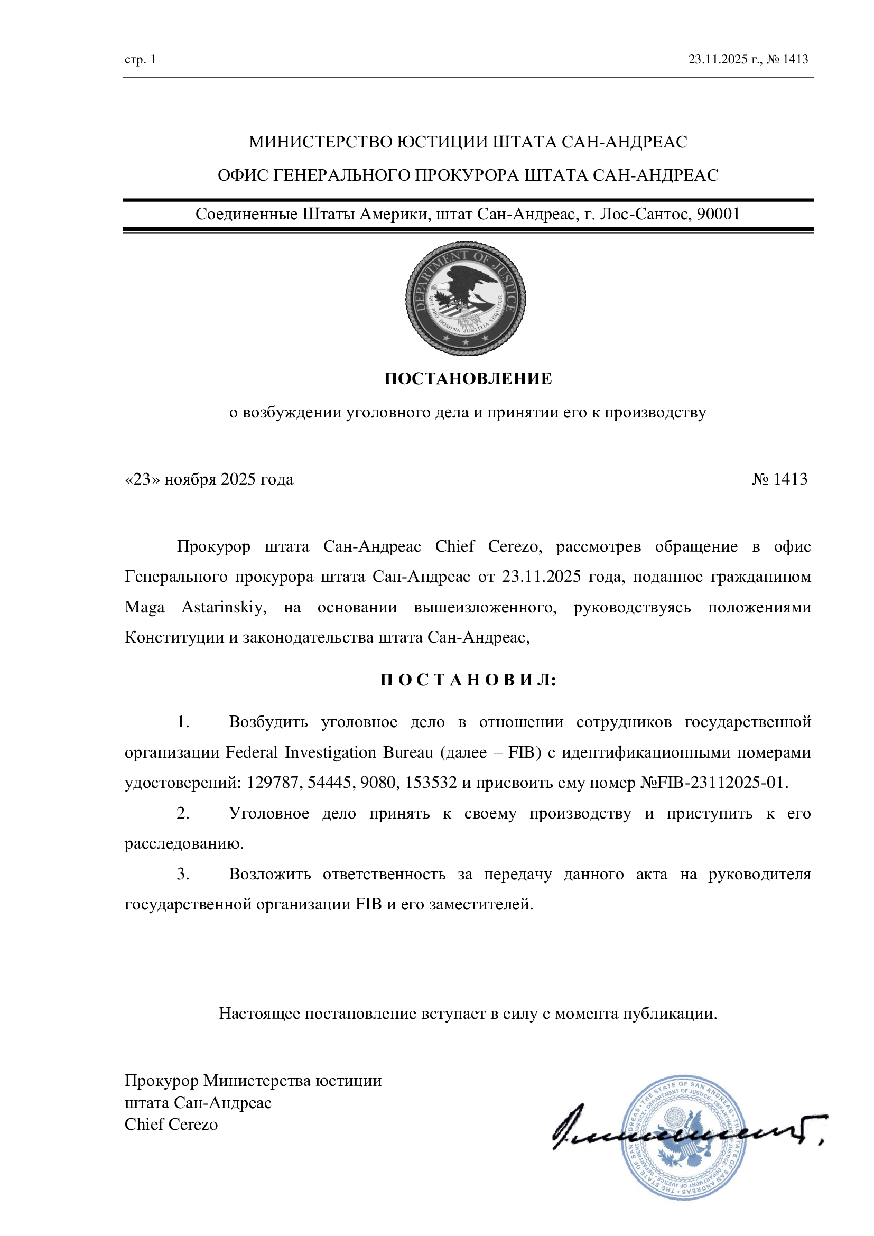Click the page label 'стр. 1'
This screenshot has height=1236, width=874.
click(140, 59)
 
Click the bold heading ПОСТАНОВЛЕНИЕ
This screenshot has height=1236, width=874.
click(468, 378)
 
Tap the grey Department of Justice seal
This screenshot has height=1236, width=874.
click(466, 298)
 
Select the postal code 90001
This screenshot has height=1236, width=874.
click(719, 214)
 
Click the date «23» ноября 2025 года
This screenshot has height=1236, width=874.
click(209, 479)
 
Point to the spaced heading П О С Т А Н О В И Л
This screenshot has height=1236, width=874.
click(468, 680)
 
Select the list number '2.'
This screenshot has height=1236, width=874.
click(183, 813)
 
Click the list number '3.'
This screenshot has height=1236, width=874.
click(183, 873)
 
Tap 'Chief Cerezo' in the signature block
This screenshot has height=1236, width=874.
click(171, 1124)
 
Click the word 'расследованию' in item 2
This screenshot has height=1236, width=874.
click(183, 843)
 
